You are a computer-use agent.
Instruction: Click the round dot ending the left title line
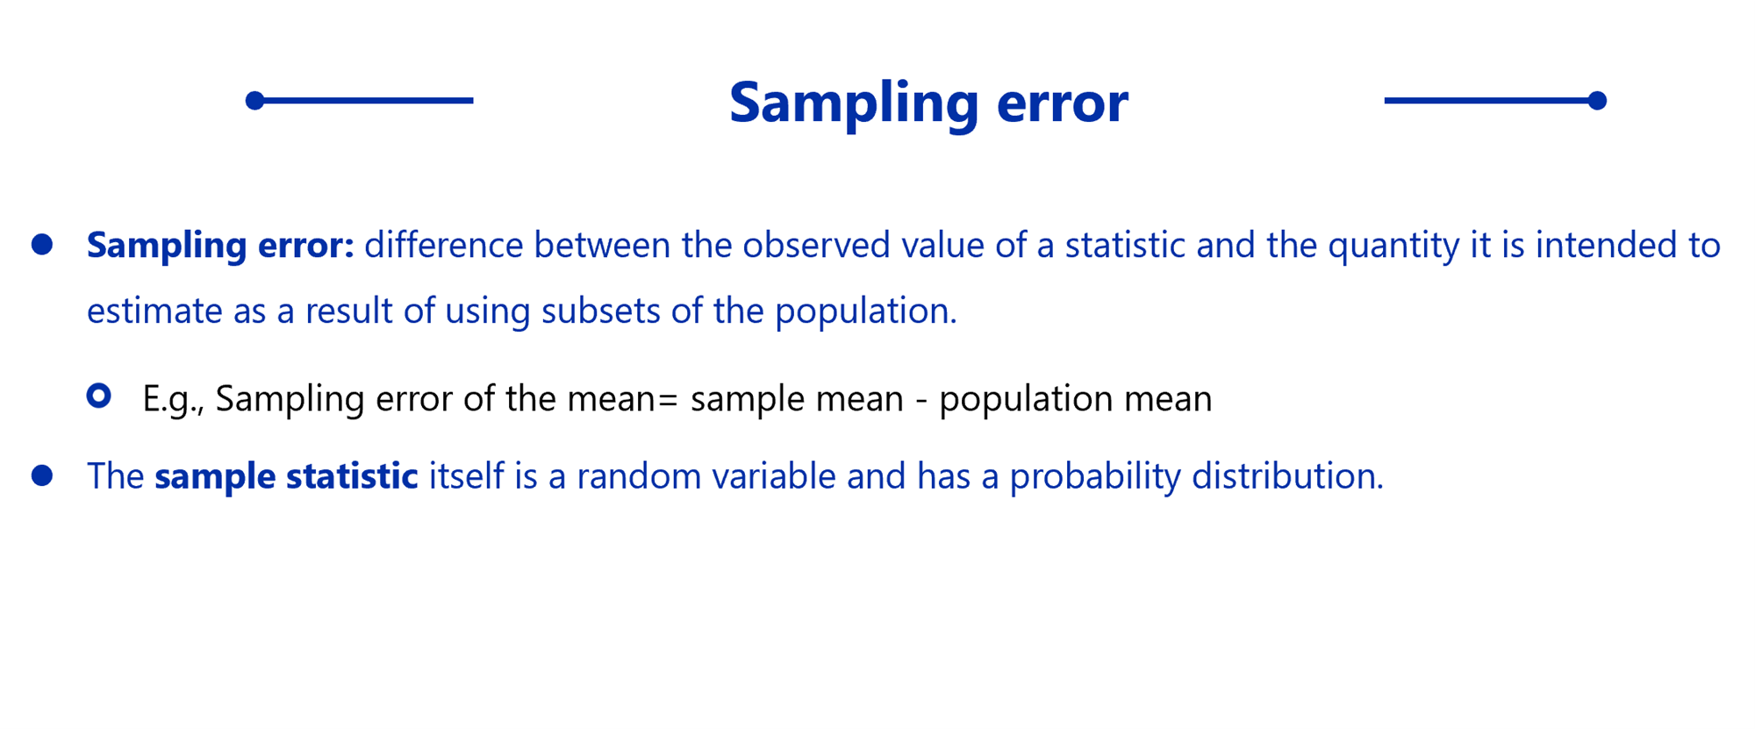[x=254, y=101]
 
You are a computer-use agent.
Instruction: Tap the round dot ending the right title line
[x=1597, y=101]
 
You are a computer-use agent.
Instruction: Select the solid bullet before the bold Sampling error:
[x=42, y=244]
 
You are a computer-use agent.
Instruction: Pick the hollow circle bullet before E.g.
[x=99, y=396]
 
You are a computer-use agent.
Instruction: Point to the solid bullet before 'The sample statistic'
[x=42, y=475]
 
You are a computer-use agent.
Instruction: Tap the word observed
[x=816, y=245]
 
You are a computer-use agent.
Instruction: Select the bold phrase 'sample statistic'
[x=286, y=476]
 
